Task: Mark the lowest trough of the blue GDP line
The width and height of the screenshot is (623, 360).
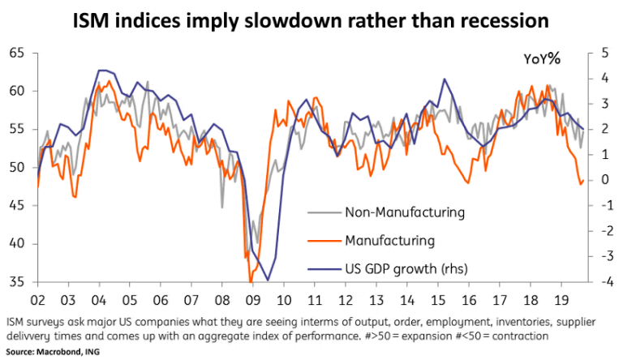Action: click(x=268, y=280)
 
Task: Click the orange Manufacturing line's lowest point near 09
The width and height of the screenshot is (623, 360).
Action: click(x=251, y=281)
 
